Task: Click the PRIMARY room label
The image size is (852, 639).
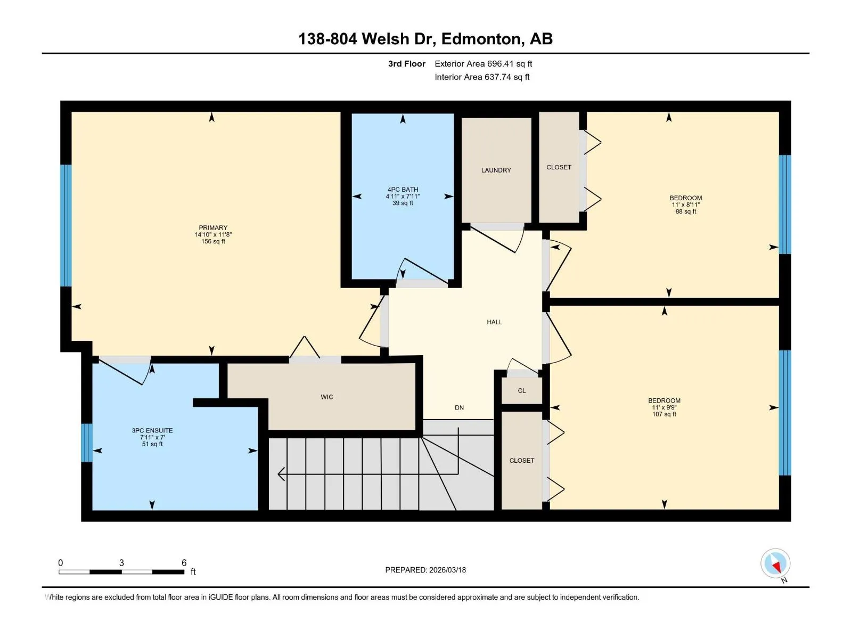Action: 212,228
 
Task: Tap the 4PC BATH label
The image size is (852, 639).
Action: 403,190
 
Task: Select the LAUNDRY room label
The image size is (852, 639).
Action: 496,170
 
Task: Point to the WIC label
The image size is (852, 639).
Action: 326,397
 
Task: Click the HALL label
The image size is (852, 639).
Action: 494,322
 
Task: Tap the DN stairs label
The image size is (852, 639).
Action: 459,407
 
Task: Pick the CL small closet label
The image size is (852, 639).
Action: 521,390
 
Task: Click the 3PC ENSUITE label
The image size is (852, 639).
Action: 152,430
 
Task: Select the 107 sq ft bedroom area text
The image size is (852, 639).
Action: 663,414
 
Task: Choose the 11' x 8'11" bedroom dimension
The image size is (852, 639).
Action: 685,204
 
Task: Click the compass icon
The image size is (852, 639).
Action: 775,562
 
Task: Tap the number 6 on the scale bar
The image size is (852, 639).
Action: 184,562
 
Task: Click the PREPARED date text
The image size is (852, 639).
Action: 425,570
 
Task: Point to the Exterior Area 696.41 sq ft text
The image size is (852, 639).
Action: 483,63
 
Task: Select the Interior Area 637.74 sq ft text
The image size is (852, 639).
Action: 482,77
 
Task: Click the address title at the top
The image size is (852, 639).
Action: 425,39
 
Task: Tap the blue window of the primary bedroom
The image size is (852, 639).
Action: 66,225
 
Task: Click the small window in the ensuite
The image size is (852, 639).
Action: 87,443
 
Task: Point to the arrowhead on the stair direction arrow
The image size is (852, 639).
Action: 281,474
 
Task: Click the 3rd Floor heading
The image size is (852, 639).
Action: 406,63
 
